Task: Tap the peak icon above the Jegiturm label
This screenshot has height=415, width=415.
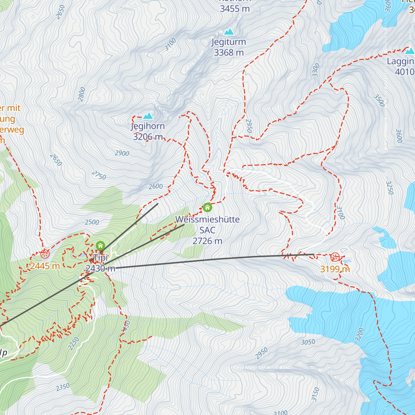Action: [229, 32]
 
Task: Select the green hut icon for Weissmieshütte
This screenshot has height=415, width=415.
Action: [207, 207]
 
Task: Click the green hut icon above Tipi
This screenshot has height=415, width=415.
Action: [100, 246]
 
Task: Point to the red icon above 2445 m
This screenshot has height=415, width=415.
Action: [45, 254]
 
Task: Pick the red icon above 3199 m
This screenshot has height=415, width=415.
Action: [335, 257]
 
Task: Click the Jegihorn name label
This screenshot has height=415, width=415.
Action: [148, 126]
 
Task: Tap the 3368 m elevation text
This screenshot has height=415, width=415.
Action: [229, 53]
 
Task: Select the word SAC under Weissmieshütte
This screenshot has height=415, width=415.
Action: [207, 230]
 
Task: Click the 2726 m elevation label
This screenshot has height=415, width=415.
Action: [207, 241]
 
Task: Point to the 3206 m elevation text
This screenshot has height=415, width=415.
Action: [148, 137]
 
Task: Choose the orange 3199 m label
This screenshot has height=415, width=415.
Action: [335, 269]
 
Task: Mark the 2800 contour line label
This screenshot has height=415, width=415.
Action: [82, 94]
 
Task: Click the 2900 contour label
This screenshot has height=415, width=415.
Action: [122, 153]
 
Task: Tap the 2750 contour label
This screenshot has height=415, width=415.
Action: [99, 175]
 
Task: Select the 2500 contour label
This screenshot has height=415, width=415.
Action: [92, 222]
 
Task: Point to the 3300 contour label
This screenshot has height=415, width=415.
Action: [316, 70]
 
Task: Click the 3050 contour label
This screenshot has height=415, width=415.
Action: [308, 342]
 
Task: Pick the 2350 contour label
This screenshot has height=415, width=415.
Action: [63, 387]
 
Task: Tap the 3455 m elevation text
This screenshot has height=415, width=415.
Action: [234, 9]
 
